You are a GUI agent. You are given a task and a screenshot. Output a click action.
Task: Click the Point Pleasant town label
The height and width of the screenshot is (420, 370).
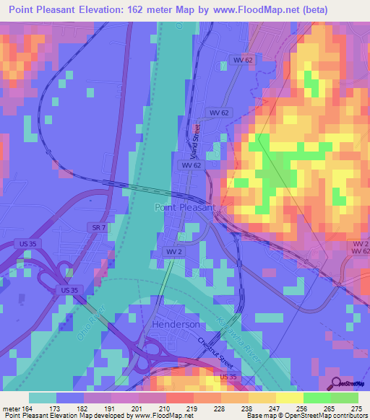(x=185, y=207)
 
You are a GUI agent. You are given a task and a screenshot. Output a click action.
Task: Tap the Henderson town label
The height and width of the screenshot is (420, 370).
(x=176, y=325)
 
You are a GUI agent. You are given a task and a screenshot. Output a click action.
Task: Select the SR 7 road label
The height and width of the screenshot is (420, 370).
(x=99, y=229)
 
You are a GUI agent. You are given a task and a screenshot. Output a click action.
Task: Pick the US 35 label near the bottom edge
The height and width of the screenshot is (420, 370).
(x=228, y=377)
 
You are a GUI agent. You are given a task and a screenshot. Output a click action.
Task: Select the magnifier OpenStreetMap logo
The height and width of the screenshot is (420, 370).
(x=337, y=383)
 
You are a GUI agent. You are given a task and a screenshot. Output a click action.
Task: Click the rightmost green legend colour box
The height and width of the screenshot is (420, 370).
(x=345, y=398)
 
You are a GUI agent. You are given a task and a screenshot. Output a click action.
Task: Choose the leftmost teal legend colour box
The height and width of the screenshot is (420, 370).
(x=43, y=398)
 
